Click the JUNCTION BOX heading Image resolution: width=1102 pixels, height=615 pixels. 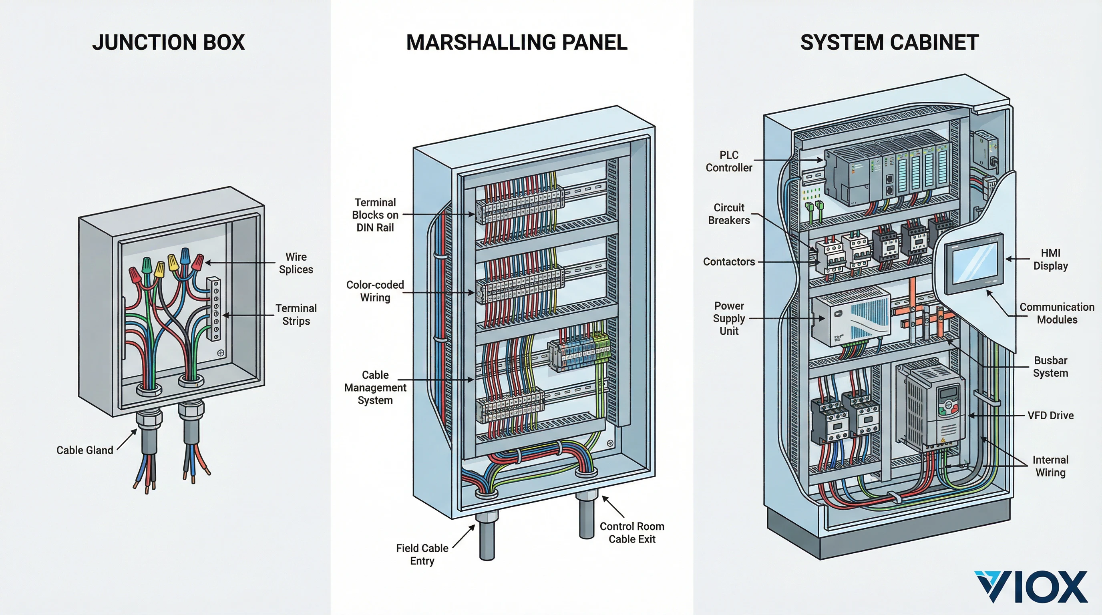tap(168, 42)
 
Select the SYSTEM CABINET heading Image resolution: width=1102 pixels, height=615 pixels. tap(889, 42)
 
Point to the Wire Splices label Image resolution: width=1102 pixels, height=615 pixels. tap(296, 263)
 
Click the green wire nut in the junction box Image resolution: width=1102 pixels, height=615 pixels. tap(147, 265)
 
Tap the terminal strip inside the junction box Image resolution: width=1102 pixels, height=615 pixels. tap(214, 308)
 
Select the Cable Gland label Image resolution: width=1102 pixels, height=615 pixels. tap(85, 450)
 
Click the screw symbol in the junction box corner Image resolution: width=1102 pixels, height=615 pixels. tap(221, 353)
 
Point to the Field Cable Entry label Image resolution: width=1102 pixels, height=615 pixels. tap(422, 554)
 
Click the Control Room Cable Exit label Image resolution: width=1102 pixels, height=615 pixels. tap(631, 533)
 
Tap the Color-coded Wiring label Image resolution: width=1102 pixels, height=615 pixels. tap(375, 291)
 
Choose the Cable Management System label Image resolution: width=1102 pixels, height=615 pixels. tap(375, 388)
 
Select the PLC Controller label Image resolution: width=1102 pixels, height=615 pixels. tap(728, 161)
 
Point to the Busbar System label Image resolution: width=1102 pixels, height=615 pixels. tap(1050, 366)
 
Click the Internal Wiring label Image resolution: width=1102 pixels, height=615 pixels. tap(1050, 466)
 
